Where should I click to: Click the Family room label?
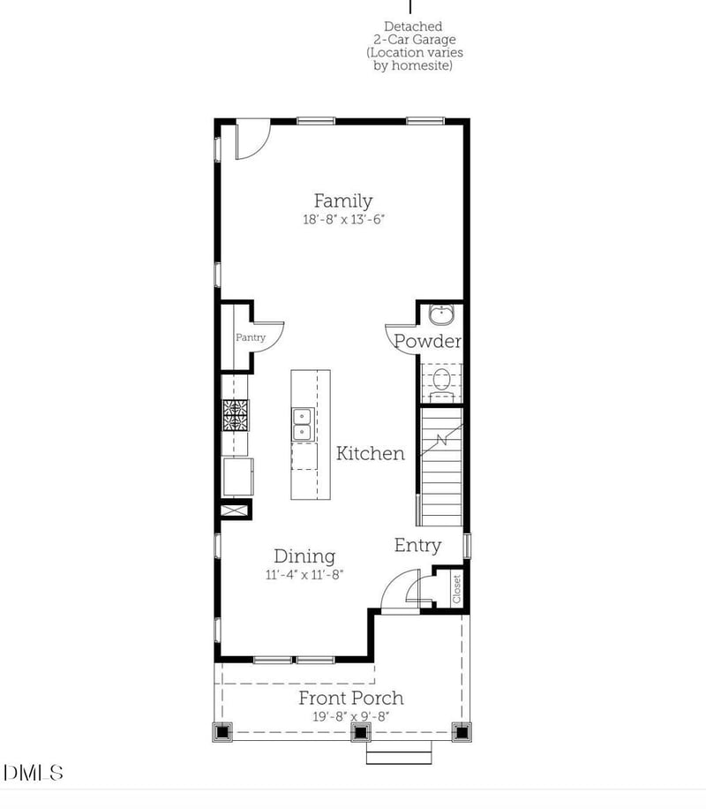[343, 201]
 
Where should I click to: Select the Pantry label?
[250, 337]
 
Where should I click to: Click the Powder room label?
[428, 341]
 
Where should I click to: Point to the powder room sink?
[440, 314]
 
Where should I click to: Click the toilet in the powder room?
[440, 381]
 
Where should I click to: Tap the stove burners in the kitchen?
[236, 414]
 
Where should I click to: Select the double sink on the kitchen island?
[302, 423]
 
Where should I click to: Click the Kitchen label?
[371, 453]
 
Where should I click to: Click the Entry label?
[417, 546]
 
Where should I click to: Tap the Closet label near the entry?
[456, 589]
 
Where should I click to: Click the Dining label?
[304, 556]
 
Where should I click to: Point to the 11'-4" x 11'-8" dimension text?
[304, 574]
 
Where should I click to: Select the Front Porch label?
[350, 698]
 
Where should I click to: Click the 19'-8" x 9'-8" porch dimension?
[350, 716]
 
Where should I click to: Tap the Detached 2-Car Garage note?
[414, 46]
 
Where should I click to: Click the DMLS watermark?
[34, 773]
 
